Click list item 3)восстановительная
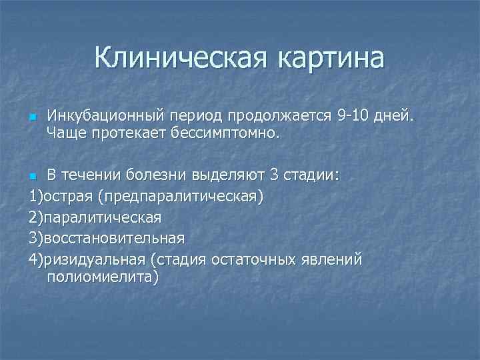tap(107, 238)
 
